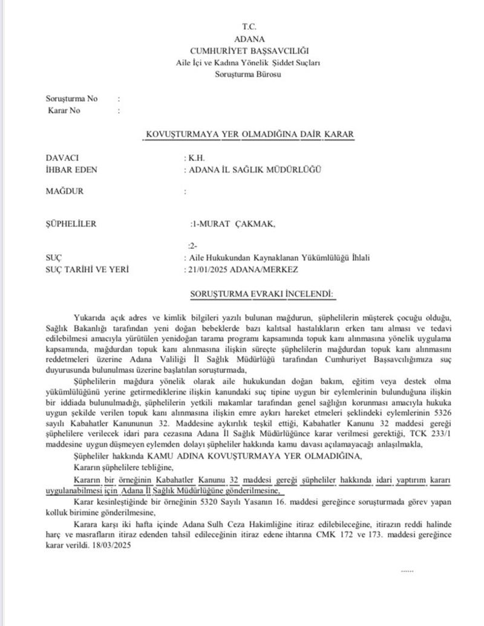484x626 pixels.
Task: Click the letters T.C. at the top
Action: pos(249,27)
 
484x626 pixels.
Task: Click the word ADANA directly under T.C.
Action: pos(249,39)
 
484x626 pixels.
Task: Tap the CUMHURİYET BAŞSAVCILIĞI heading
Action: pos(249,50)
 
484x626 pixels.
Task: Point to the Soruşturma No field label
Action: pos(71,98)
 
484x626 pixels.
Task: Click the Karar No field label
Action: pos(64,110)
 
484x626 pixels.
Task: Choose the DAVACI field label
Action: pos(63,157)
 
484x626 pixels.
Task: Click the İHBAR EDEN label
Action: pos(71,170)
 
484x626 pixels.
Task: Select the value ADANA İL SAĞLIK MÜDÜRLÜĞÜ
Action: pos(254,170)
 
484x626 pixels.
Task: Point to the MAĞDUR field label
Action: pos(65,191)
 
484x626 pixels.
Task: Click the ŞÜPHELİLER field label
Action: pos(71,224)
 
